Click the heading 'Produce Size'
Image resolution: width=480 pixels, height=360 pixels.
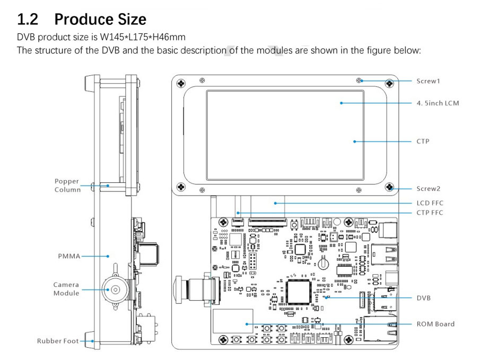100,20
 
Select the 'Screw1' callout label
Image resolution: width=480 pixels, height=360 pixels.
428,81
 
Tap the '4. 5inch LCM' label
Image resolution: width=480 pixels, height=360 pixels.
438,103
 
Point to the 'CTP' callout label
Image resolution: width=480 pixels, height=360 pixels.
423,142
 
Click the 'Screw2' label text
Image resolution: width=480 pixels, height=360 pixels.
428,188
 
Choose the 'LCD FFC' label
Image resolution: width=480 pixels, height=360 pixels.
430,203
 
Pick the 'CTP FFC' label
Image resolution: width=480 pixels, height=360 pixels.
430,213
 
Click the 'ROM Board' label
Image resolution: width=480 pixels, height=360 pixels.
435,324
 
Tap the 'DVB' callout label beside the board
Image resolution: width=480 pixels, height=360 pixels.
423,298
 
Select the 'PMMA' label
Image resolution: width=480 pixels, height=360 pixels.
69,256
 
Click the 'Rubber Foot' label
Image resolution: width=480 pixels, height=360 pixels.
58,341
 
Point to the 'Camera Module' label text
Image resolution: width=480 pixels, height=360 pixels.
66,289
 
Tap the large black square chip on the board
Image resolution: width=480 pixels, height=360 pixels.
297,292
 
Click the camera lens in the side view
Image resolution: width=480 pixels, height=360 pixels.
114,289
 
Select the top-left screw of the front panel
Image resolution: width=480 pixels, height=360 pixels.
181,84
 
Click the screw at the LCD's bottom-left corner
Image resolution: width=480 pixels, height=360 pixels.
181,187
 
